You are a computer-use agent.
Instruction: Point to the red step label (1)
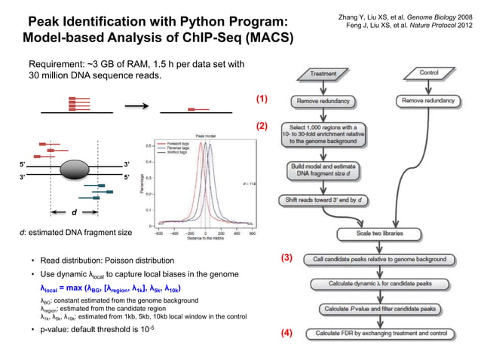coord(262,99)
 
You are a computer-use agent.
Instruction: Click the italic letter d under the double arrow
coord(73,212)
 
